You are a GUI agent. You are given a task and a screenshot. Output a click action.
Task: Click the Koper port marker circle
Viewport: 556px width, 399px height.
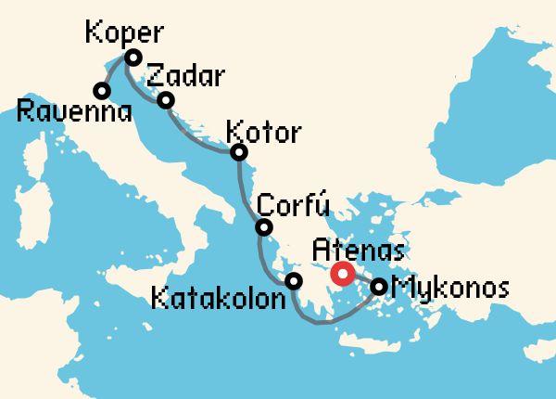pyautogui.click(x=133, y=58)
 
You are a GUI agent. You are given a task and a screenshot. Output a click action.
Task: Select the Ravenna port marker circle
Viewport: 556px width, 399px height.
pyautogui.click(x=101, y=90)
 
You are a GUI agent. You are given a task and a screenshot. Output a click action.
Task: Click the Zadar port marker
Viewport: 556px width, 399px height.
pyautogui.click(x=166, y=100)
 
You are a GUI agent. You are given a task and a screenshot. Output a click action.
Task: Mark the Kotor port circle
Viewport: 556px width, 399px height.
pyautogui.click(x=239, y=152)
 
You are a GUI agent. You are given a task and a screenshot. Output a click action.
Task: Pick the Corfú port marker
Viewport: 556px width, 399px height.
pyautogui.click(x=264, y=227)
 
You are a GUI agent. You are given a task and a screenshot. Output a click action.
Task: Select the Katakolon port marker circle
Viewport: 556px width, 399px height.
pyautogui.click(x=294, y=281)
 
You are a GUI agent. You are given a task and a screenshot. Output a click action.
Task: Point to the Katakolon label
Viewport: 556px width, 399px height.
pyautogui.click(x=215, y=301)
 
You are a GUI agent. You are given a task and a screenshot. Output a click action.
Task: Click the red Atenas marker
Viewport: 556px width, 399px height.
pyautogui.click(x=343, y=274)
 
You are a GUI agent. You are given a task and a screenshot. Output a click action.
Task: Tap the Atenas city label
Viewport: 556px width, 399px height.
pyautogui.click(x=359, y=251)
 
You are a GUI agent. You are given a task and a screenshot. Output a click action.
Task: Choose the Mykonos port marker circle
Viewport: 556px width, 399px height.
pyautogui.click(x=379, y=287)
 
